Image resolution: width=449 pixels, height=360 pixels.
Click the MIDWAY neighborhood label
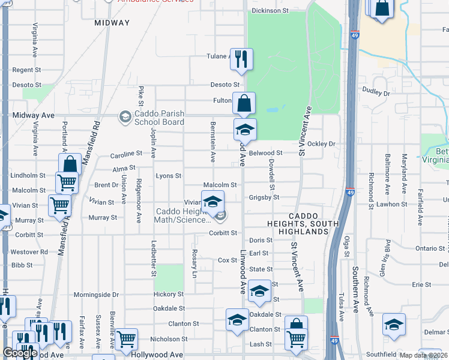coord(112,23)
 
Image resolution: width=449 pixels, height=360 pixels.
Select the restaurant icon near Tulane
coord(242,59)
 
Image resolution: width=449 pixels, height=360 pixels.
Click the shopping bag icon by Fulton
coord(244,104)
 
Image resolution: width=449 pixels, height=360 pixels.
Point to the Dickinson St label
coord(270,11)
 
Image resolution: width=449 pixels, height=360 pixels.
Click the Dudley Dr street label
coord(376,93)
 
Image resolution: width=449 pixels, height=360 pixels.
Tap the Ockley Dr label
coord(321,144)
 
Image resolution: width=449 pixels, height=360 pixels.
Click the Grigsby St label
coord(264,197)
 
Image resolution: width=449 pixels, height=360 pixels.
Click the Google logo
coord(20,353)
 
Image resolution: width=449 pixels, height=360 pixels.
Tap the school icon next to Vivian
coord(212,202)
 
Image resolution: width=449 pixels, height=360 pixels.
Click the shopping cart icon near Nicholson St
coord(126,340)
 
